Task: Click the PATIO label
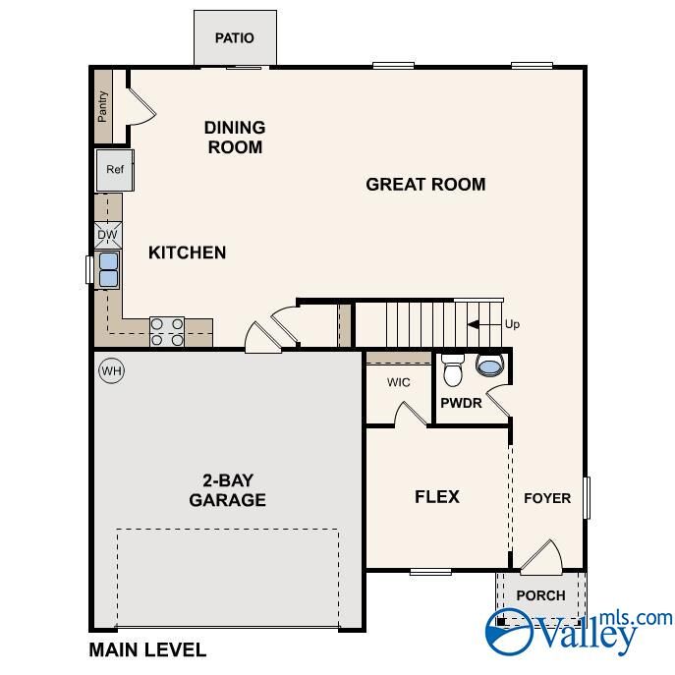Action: click(235, 38)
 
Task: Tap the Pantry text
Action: click(102, 106)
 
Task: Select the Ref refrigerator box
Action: click(115, 169)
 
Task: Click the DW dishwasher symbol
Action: click(108, 235)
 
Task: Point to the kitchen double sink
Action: click(108, 268)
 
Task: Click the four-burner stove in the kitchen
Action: click(167, 331)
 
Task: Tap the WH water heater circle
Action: click(111, 371)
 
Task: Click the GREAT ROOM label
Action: click(425, 184)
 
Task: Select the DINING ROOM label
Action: click(235, 138)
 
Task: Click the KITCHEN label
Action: click(187, 253)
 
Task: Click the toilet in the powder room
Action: click(453, 371)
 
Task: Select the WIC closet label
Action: click(398, 381)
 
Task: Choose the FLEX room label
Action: click(437, 496)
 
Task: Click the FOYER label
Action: click(546, 498)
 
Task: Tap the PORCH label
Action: click(540, 595)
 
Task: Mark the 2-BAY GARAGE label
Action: click(228, 490)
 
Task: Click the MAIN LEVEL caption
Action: click(147, 649)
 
